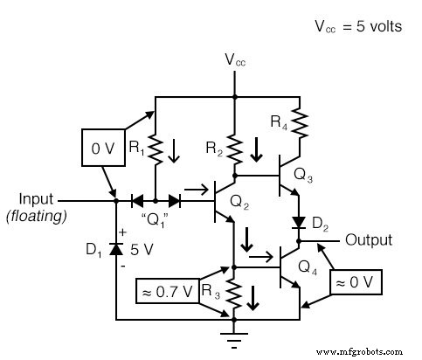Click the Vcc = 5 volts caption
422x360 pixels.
[x=357, y=26]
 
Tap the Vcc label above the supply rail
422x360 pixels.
[x=234, y=60]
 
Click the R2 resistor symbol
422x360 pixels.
[x=234, y=145]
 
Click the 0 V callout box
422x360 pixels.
[x=104, y=150]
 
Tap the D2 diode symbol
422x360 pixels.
[x=298, y=222]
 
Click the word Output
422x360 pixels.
[x=369, y=239]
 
